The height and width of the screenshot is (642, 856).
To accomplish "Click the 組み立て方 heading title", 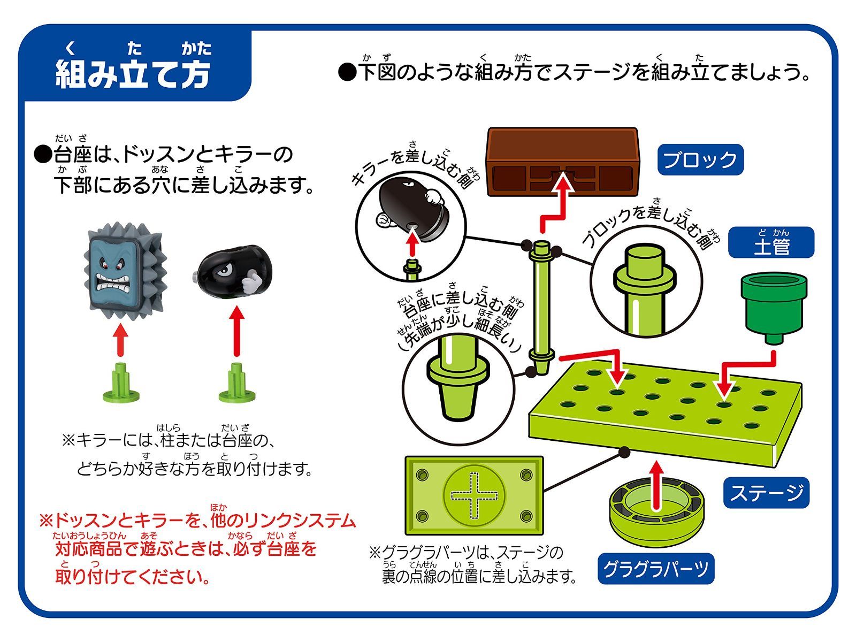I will pos(133,74).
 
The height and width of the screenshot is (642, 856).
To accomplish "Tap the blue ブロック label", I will pos(700,159).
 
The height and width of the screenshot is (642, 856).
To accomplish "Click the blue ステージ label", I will pos(766,492).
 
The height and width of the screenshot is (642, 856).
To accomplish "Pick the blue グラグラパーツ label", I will pos(655,569).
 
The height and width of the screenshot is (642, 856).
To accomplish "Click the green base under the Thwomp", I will pos(121,384).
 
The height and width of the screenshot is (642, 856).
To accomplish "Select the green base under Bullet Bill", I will pos(237,384).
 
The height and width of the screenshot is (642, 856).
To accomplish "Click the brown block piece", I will pos(562,162).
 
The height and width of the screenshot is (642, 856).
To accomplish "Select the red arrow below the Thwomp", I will pos(121,341).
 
